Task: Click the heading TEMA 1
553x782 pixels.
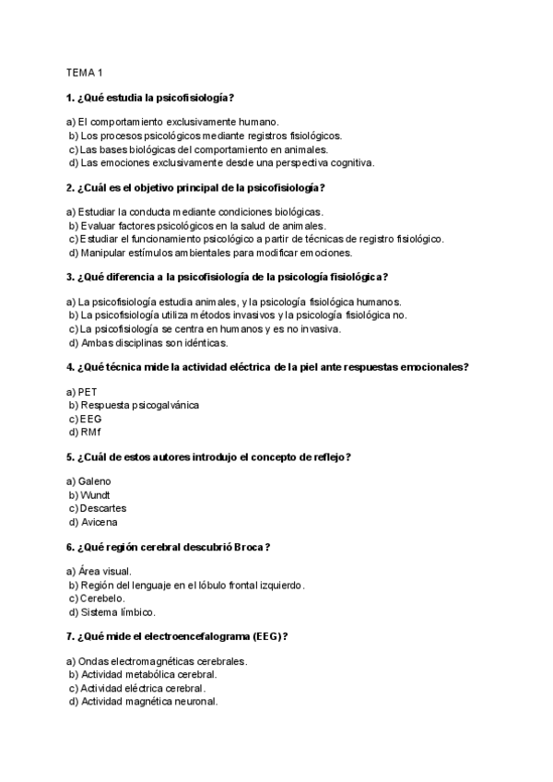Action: [x=84, y=72]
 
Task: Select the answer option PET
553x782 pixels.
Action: [x=88, y=392]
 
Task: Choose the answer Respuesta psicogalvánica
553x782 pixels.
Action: [x=139, y=405]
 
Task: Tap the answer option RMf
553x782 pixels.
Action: [x=92, y=432]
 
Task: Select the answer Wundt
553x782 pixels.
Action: [x=96, y=495]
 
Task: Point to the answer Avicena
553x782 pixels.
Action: [x=99, y=522]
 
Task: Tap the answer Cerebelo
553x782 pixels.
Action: [x=105, y=598]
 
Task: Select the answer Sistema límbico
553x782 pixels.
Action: [x=118, y=611]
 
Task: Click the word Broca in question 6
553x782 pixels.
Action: [x=247, y=547]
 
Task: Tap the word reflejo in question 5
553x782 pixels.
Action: [x=332, y=457]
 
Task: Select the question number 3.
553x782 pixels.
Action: [x=70, y=277]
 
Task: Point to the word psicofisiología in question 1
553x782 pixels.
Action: [x=191, y=97]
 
